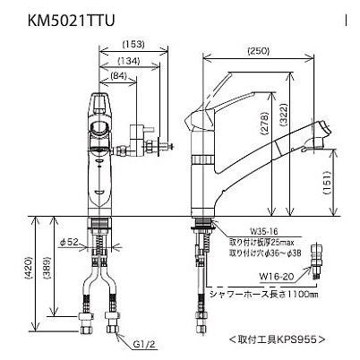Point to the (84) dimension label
tap(118, 77)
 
